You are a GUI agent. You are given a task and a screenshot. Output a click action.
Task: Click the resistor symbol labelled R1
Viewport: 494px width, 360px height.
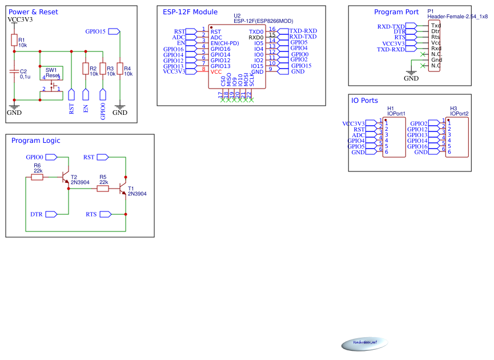(x=14, y=40)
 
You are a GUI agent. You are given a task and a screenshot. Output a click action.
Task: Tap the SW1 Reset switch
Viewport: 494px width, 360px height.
(x=51, y=80)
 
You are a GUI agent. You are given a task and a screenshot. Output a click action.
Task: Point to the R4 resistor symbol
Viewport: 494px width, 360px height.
(x=119, y=69)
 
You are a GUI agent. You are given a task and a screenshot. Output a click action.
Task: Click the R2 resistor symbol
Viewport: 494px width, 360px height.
(x=85, y=69)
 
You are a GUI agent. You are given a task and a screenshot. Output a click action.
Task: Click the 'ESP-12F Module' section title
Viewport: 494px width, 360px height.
(x=190, y=12)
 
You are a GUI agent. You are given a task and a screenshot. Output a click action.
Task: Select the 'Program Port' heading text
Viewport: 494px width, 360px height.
(x=396, y=12)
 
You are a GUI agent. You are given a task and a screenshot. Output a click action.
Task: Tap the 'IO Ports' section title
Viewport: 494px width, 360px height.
(x=364, y=101)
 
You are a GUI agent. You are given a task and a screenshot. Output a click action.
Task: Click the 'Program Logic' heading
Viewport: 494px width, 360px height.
(x=35, y=141)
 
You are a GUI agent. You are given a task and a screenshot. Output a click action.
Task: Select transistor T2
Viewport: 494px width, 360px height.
(x=66, y=177)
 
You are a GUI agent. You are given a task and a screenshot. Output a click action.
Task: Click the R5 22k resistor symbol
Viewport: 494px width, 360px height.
(x=103, y=188)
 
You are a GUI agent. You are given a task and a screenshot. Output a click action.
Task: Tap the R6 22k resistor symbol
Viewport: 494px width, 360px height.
(x=37, y=177)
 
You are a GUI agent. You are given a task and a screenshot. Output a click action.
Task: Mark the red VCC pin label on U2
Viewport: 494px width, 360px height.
(x=216, y=72)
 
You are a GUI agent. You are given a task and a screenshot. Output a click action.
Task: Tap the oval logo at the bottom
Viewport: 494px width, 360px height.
(x=364, y=343)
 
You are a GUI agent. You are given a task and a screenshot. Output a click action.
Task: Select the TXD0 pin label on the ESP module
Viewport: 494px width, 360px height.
(x=256, y=32)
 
